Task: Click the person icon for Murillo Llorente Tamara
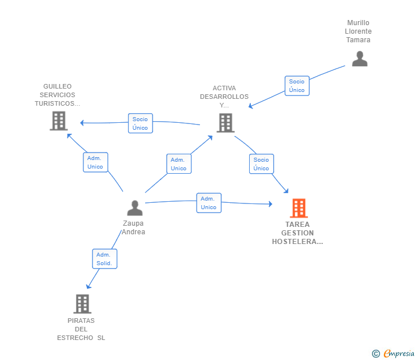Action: [x=359, y=59]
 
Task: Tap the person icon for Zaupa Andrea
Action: [x=135, y=208]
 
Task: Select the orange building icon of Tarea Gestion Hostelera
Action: [x=298, y=208]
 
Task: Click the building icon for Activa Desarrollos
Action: [x=225, y=123]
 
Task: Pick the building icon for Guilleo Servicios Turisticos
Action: [x=59, y=121]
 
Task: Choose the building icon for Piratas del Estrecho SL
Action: [x=82, y=303]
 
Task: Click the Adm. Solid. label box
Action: [x=105, y=259]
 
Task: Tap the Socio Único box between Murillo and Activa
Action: [x=297, y=86]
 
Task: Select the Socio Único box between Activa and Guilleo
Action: [x=140, y=123]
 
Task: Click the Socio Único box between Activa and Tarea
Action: [x=261, y=164]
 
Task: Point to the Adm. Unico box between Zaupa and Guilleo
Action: [x=95, y=162]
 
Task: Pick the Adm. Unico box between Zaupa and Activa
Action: [x=178, y=164]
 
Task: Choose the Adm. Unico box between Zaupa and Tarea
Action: [x=209, y=203]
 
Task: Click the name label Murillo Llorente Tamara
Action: [x=358, y=31]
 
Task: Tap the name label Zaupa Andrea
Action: [x=134, y=227]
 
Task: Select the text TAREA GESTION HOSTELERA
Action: [x=298, y=233]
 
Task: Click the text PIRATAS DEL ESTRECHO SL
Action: [x=81, y=329]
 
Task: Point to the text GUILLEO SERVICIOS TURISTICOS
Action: [x=57, y=95]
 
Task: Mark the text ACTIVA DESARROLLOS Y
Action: [x=224, y=97]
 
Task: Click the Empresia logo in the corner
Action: [x=394, y=353]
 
